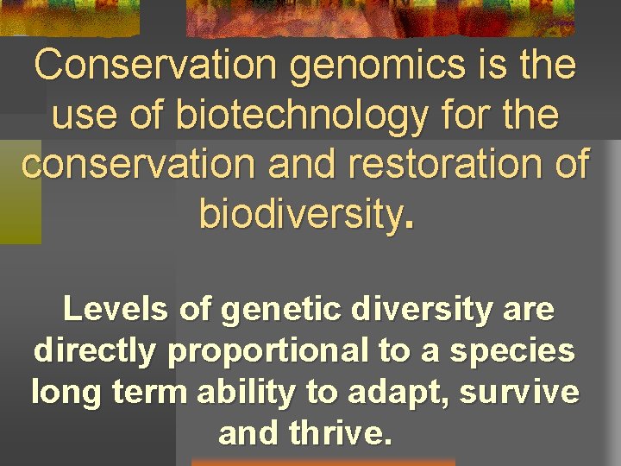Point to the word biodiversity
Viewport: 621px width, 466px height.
point(301,212)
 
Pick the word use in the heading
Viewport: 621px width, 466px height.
point(84,115)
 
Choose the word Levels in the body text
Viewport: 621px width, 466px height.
point(116,309)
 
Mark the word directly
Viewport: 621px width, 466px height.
point(96,351)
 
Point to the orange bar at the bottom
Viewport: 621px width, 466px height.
point(323,462)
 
